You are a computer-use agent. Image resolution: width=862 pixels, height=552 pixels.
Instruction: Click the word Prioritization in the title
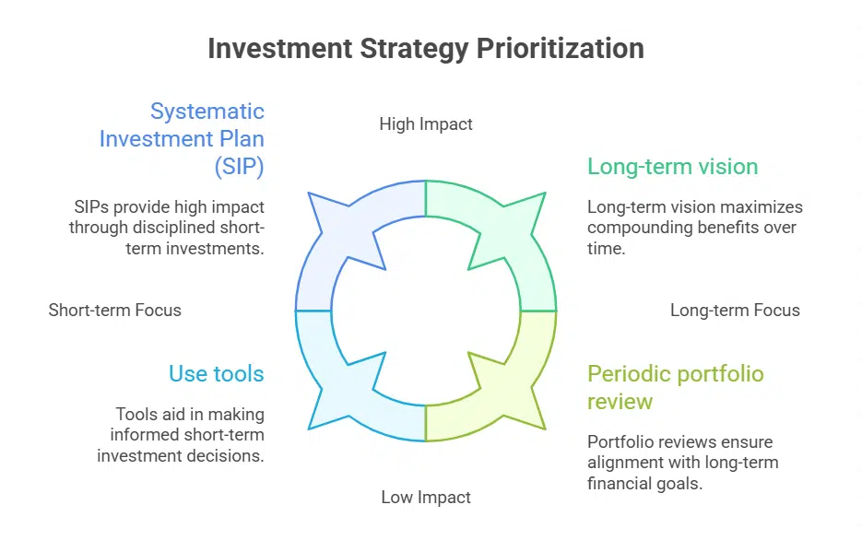(560, 48)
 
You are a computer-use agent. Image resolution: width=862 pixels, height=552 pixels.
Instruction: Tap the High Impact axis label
(426, 123)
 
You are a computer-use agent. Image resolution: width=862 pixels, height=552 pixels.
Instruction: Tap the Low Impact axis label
(426, 498)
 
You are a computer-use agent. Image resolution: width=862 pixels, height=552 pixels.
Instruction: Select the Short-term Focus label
(114, 310)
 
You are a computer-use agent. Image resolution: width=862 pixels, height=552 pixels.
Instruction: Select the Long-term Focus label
(735, 310)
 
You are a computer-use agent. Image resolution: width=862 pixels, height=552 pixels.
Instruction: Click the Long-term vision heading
(672, 167)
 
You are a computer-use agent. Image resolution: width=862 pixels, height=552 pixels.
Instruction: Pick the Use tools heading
(216, 373)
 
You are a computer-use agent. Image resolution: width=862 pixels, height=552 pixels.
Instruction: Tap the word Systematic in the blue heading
(207, 112)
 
